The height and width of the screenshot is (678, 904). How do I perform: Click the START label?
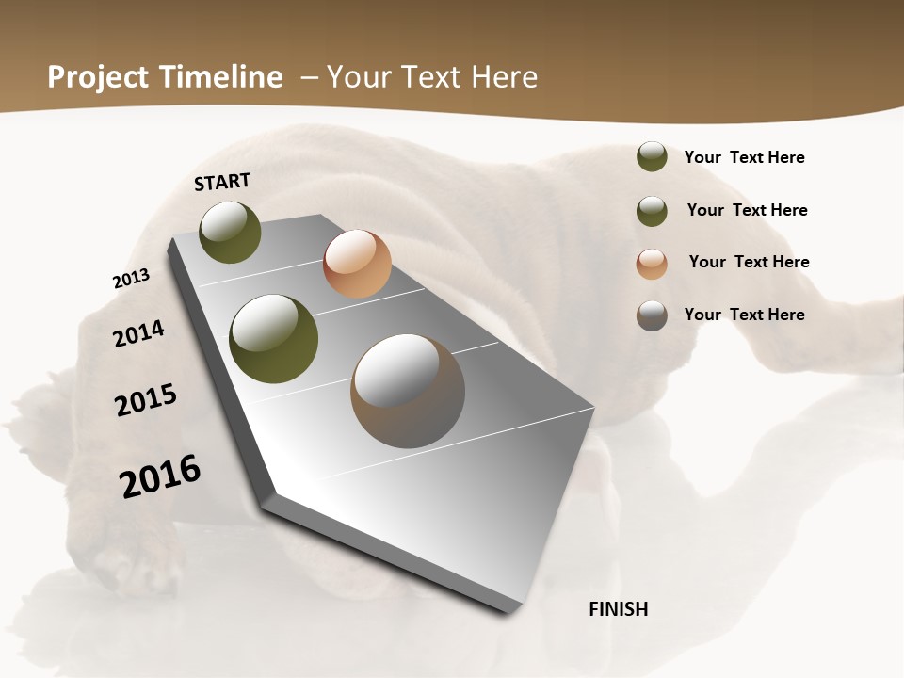pyautogui.click(x=222, y=182)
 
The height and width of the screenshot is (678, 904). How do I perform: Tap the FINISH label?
pyautogui.click(x=619, y=609)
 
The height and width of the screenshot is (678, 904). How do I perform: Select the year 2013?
pyautogui.click(x=131, y=279)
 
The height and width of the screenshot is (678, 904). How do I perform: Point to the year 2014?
pyautogui.click(x=139, y=334)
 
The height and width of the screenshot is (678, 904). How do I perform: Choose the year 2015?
pyautogui.click(x=146, y=400)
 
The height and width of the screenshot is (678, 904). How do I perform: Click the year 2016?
pyautogui.click(x=160, y=476)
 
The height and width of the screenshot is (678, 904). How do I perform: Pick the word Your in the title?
pyautogui.click(x=359, y=77)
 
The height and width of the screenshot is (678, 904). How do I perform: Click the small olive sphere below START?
pyautogui.click(x=231, y=232)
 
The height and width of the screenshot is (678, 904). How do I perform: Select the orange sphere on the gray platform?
pyautogui.click(x=357, y=264)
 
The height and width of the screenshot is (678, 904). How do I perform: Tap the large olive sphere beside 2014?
pyautogui.click(x=274, y=339)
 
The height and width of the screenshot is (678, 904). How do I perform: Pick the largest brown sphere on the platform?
pyautogui.click(x=408, y=391)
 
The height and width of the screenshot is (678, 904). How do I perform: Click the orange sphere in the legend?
pyautogui.click(x=652, y=264)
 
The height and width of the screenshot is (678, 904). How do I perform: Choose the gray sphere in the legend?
pyautogui.click(x=652, y=315)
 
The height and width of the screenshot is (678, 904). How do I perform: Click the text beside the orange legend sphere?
pyautogui.click(x=749, y=262)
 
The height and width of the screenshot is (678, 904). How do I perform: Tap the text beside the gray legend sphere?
pyautogui.click(x=744, y=315)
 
